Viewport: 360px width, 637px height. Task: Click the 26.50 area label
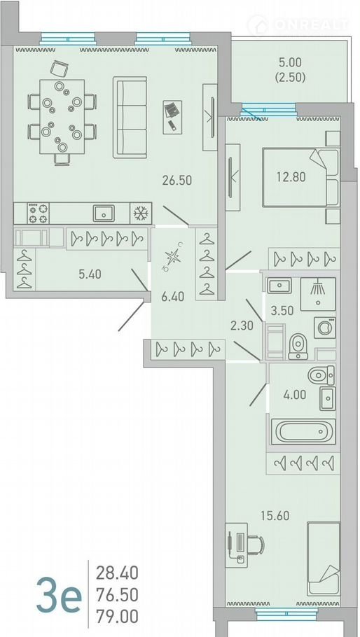(176, 180)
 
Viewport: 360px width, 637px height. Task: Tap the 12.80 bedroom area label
(291, 176)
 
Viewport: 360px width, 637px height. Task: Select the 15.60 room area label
(275, 515)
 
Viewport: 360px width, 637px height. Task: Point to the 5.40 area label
(90, 274)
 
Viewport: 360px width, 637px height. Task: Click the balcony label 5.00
(290, 62)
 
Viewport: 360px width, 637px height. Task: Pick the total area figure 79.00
(117, 616)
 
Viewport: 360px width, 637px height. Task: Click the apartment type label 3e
(59, 596)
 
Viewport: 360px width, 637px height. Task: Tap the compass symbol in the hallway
(172, 257)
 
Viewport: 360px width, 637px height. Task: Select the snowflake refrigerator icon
(141, 213)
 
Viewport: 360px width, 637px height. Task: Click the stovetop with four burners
(38, 213)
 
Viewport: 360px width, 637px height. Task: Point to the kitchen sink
(104, 213)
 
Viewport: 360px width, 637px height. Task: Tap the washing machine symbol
(325, 328)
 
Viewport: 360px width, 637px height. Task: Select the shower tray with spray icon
(318, 294)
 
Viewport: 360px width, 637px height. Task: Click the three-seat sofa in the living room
(130, 117)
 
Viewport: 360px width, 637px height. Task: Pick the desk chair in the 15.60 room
(256, 545)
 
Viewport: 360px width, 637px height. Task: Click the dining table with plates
(62, 117)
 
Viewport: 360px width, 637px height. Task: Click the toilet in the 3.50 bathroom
(298, 346)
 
